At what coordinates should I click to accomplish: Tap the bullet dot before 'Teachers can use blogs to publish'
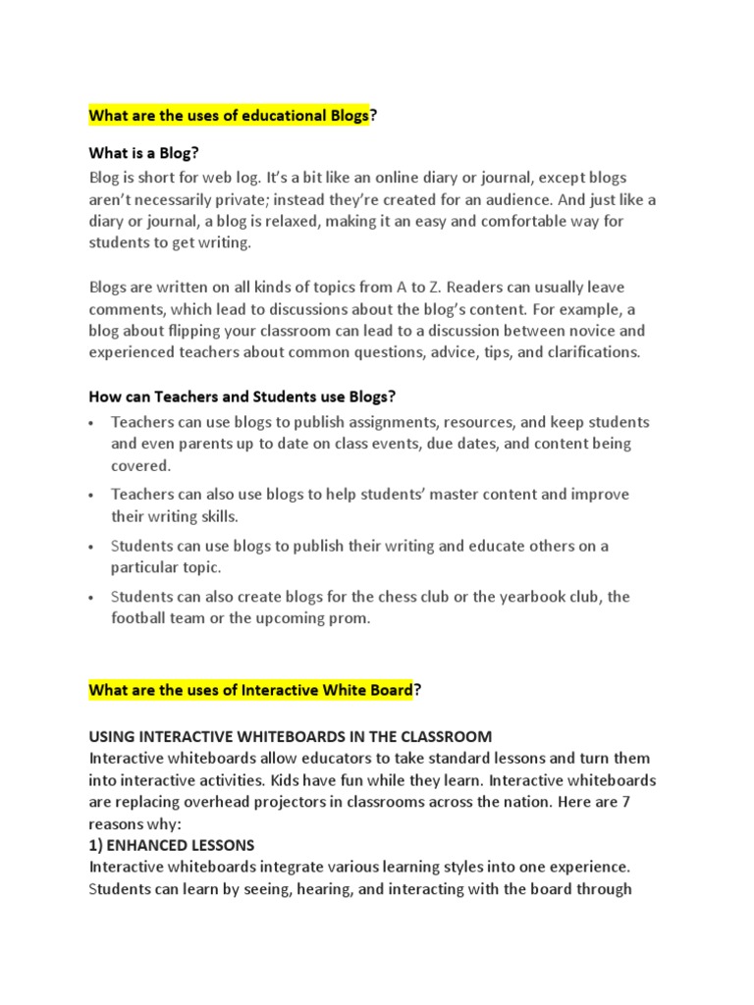pos(91,423)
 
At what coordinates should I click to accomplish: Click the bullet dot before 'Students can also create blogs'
pos(91,598)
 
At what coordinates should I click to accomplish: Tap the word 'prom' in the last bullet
pos(350,618)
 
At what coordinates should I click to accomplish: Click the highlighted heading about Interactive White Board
pos(251,691)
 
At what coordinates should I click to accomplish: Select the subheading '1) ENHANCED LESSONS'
pos(172,845)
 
